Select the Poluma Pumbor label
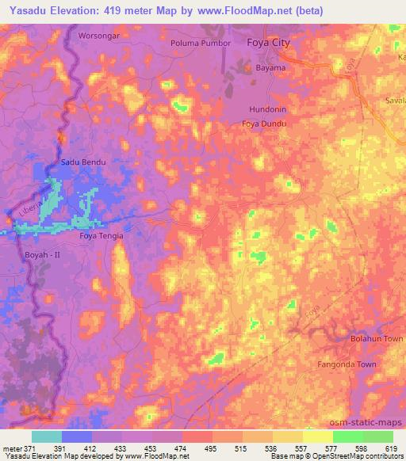click(x=201, y=43)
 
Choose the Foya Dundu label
click(x=264, y=124)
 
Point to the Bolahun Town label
click(x=377, y=338)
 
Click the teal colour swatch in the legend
click(x=47, y=436)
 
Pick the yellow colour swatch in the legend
click(x=318, y=436)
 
